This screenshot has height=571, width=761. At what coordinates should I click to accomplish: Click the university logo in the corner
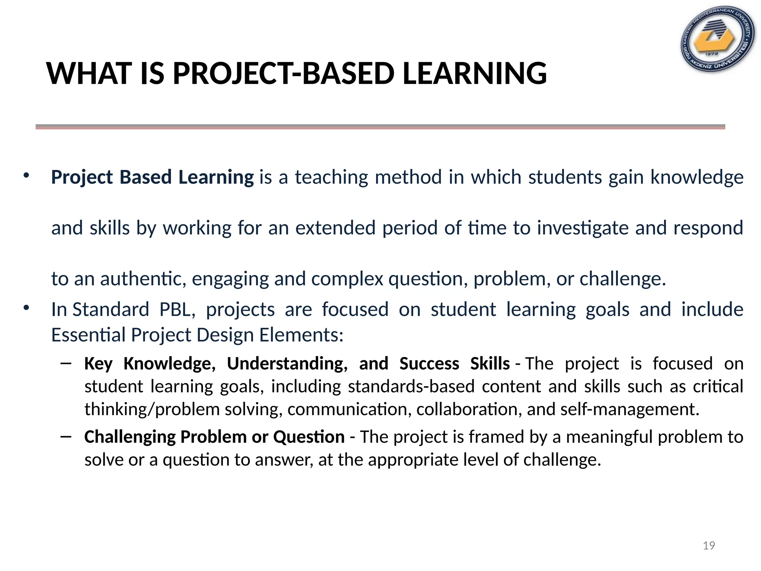(x=718, y=39)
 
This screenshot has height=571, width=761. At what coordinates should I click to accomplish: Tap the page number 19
(x=709, y=545)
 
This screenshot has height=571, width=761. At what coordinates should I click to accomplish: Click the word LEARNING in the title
(x=475, y=73)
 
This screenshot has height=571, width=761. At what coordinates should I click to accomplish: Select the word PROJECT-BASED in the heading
(x=284, y=73)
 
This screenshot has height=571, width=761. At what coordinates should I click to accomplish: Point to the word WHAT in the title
(x=90, y=73)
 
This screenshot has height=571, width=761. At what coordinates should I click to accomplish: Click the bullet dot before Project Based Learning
(x=26, y=176)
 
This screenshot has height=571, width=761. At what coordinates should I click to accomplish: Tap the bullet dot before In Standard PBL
(x=26, y=308)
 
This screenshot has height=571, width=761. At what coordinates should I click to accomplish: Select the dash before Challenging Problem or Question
(x=66, y=436)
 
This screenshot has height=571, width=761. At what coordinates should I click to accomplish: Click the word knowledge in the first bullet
(x=697, y=177)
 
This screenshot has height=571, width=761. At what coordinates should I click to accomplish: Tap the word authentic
(x=143, y=279)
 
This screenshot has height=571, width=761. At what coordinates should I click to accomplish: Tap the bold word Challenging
(x=130, y=437)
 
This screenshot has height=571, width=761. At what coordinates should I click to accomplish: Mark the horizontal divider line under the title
(x=380, y=127)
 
